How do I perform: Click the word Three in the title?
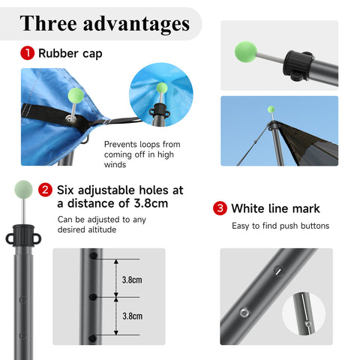(x=48, y=23)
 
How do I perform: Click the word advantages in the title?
(x=136, y=25)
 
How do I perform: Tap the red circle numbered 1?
(x=27, y=53)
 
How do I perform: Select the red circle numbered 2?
(x=45, y=190)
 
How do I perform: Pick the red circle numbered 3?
(x=220, y=208)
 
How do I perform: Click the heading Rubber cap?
(x=70, y=53)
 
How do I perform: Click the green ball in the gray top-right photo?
(x=246, y=52)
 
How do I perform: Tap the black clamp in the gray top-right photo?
(x=298, y=65)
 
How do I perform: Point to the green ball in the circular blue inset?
(x=162, y=88)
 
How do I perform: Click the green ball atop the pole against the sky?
(x=271, y=109)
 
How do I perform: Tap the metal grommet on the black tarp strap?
(x=71, y=118)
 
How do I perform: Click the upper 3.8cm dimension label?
(x=132, y=280)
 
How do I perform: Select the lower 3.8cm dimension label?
(x=132, y=316)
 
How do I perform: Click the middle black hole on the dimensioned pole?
(x=93, y=297)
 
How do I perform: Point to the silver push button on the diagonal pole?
(x=244, y=313)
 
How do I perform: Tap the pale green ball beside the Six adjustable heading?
(x=23, y=189)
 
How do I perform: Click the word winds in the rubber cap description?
(x=115, y=165)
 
